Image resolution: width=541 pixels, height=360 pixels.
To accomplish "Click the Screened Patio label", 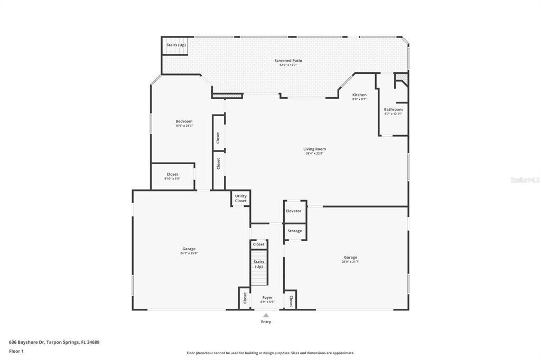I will pyautogui.click(x=288, y=61).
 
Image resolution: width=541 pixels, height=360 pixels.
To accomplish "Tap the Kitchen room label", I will pyautogui.click(x=359, y=95).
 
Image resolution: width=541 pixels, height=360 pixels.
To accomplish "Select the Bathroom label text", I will pyautogui.click(x=393, y=110).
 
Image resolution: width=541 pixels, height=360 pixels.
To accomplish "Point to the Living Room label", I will pyautogui.click(x=314, y=149).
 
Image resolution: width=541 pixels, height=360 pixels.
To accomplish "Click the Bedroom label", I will pyautogui.click(x=184, y=121).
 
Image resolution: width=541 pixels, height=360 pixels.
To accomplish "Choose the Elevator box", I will pyautogui.click(x=294, y=211).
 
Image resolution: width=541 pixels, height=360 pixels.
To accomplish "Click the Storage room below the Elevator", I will pyautogui.click(x=295, y=231).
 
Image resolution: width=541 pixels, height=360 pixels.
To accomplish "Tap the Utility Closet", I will pyautogui.click(x=241, y=198).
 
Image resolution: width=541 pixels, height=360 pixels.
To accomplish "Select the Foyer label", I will pyautogui.click(x=267, y=298).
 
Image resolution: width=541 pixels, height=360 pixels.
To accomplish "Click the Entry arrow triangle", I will pyautogui.click(x=266, y=315).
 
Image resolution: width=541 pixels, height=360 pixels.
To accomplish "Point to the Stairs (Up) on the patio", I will pyautogui.click(x=176, y=45).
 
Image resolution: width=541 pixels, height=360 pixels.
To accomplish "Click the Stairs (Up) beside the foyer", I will pyautogui.click(x=259, y=264).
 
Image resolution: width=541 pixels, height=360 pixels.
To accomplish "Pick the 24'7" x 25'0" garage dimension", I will pyautogui.click(x=189, y=253).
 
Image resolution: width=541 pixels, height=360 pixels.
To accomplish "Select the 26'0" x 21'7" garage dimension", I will pyautogui.click(x=350, y=262).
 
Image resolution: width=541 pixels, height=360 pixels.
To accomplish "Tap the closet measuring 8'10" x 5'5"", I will pyautogui.click(x=172, y=176).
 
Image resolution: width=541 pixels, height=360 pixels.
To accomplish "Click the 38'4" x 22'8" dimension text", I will pyautogui.click(x=314, y=154).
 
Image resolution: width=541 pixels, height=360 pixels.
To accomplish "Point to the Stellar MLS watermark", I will pyautogui.click(x=525, y=180).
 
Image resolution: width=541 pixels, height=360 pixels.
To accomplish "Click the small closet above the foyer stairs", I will pyautogui.click(x=259, y=244).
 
